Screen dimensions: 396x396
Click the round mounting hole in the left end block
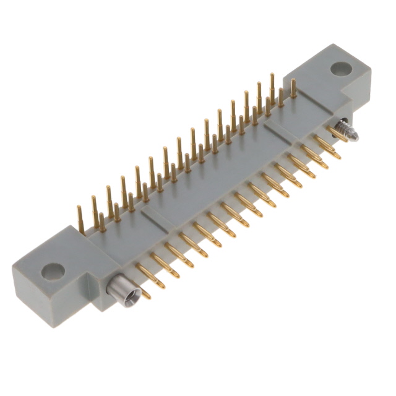click(x=53, y=271)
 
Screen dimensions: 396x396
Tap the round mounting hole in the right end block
click(x=340, y=69)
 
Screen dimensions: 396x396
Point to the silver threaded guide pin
click(x=343, y=131)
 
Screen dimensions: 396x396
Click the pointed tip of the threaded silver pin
click(x=356, y=137)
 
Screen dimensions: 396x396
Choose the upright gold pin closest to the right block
click(x=293, y=88)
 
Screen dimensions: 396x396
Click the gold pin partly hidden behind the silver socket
click(x=144, y=293)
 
